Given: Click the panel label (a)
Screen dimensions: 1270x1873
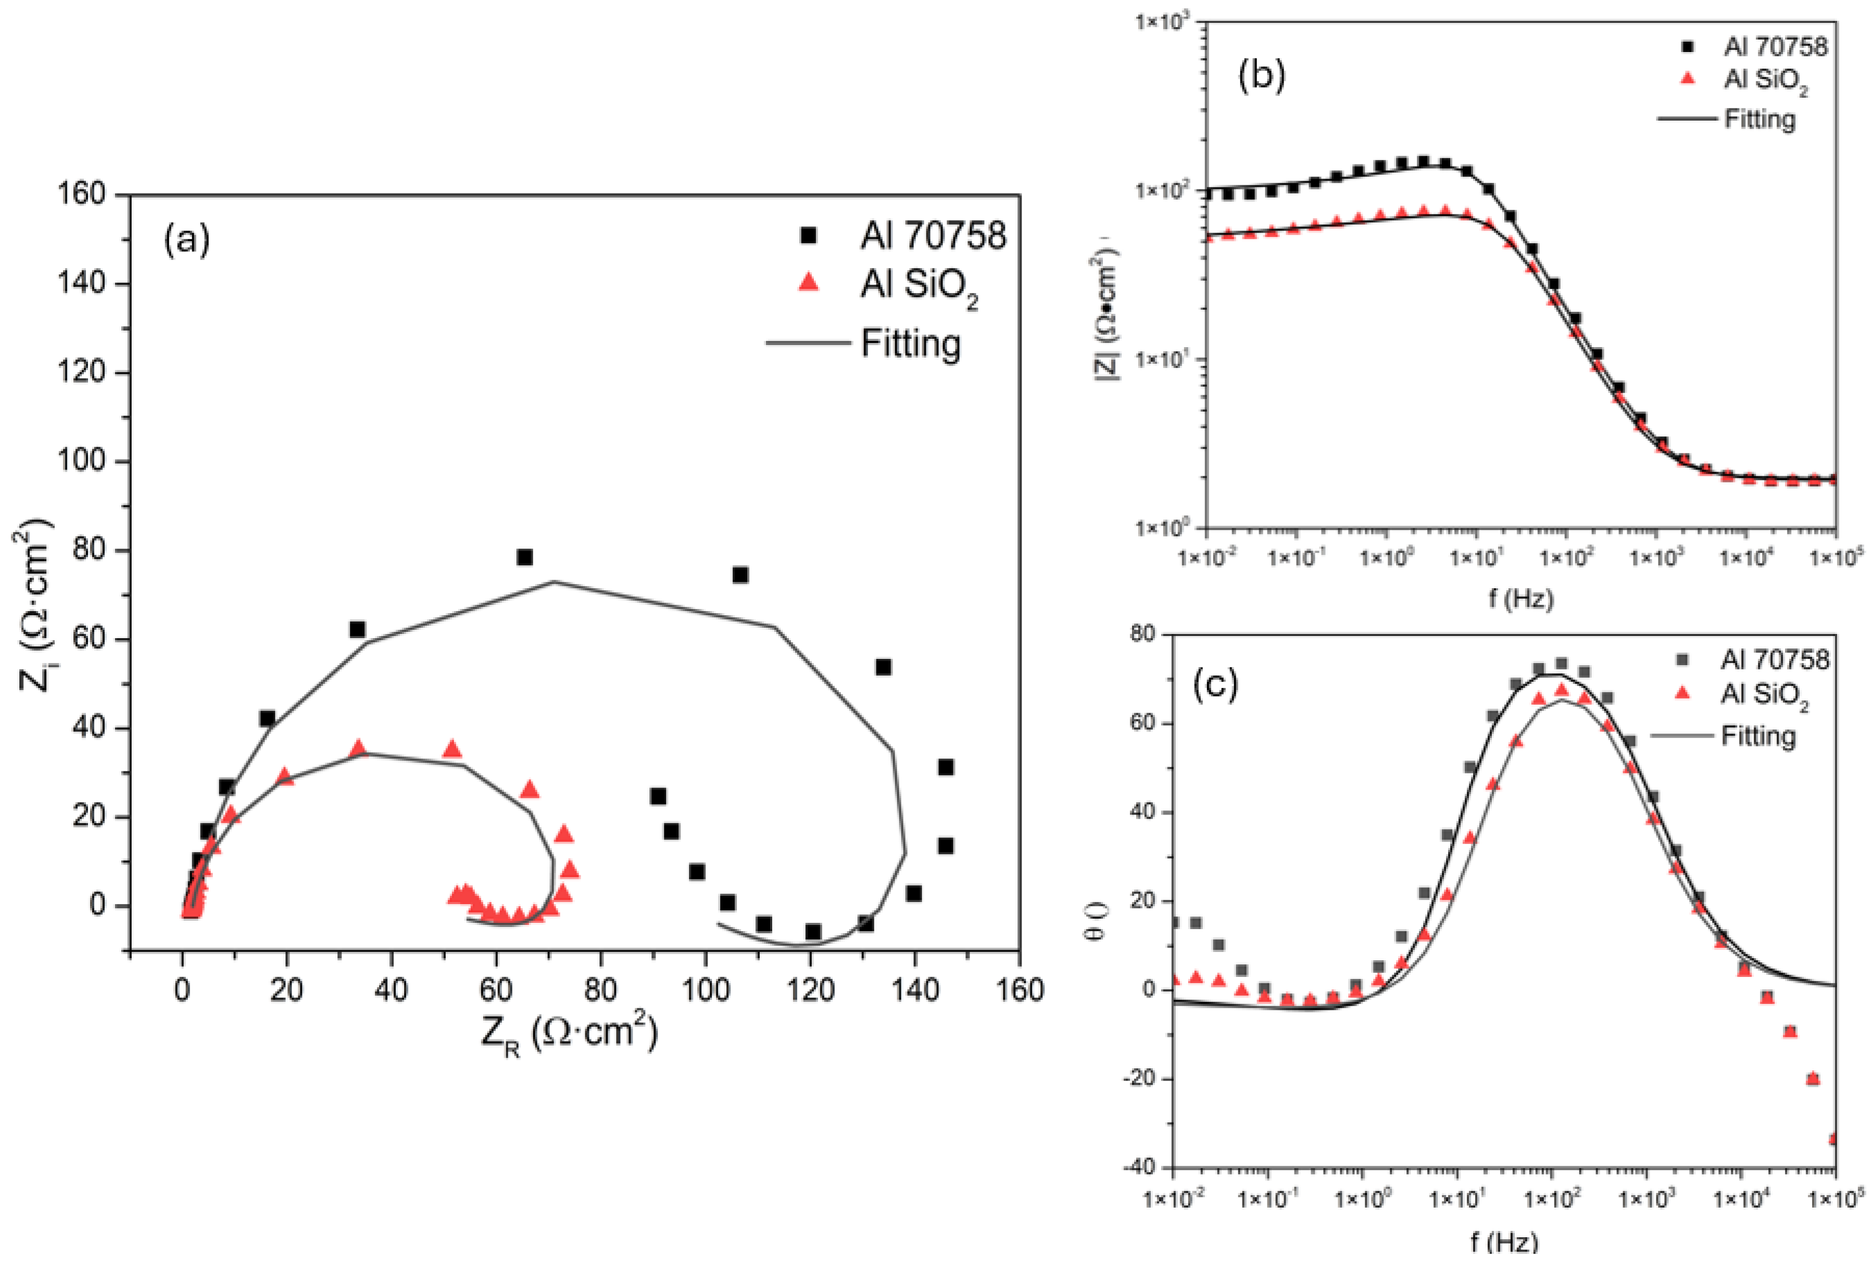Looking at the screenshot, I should pyautogui.click(x=186, y=240).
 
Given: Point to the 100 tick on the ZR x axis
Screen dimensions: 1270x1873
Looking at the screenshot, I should pyautogui.click(x=705, y=989).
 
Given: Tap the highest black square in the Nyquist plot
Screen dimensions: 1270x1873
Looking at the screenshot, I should pyautogui.click(x=525, y=557).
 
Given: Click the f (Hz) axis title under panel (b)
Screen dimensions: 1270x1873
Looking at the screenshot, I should pyautogui.click(x=1520, y=599).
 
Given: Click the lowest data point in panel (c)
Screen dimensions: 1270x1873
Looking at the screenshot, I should pyautogui.click(x=1834, y=1139).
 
